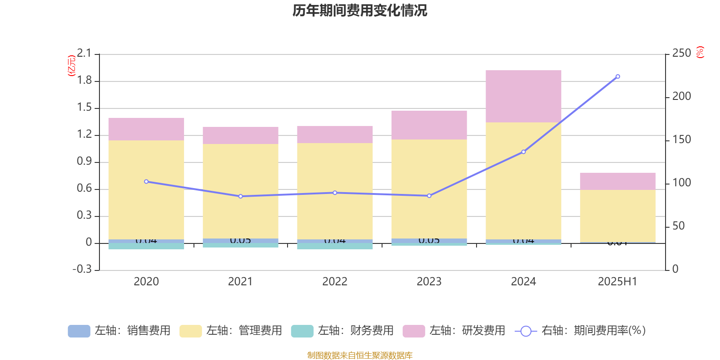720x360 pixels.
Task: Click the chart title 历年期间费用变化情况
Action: [x=360, y=10]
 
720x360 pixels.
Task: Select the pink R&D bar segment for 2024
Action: [x=523, y=96]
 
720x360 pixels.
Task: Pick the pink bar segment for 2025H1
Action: [x=617, y=181]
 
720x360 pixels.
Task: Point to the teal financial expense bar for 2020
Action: [x=146, y=246]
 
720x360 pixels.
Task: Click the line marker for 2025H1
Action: [x=617, y=76]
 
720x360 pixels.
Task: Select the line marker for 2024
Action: [x=523, y=152]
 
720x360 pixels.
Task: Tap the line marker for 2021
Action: [x=240, y=196]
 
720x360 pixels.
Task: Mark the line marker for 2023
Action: [x=429, y=196]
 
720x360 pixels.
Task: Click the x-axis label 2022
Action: [x=335, y=282]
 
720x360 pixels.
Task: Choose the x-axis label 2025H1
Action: [x=617, y=282]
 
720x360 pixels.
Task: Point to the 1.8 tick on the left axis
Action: [x=84, y=81]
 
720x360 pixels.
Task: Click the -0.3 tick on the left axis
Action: [x=82, y=269]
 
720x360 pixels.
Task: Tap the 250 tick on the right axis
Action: [x=681, y=53]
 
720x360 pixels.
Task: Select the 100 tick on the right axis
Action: [x=681, y=183]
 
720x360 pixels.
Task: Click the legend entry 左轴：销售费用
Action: [x=119, y=331]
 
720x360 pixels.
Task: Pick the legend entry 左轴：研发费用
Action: [x=454, y=331]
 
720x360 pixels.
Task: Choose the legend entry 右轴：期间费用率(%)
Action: [x=580, y=331]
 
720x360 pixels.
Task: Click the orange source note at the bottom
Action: [x=360, y=355]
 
